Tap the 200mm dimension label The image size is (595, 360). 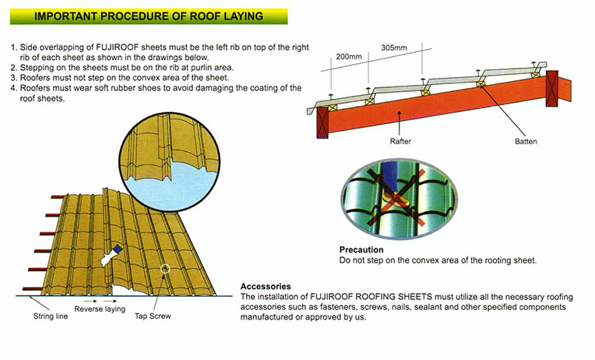(x=349, y=58)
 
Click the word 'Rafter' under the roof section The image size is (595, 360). (x=400, y=142)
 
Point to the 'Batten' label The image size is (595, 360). (x=526, y=142)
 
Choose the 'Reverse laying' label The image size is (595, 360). (x=100, y=309)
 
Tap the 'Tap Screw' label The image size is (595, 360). (x=153, y=317)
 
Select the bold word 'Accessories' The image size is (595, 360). (x=266, y=286)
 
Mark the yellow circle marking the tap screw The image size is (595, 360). (x=164, y=270)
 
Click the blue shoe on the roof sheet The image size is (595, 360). (x=115, y=249)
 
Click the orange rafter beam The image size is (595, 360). (x=436, y=109)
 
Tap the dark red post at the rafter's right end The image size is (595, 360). (x=554, y=86)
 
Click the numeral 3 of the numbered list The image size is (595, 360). (x=14, y=79)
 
